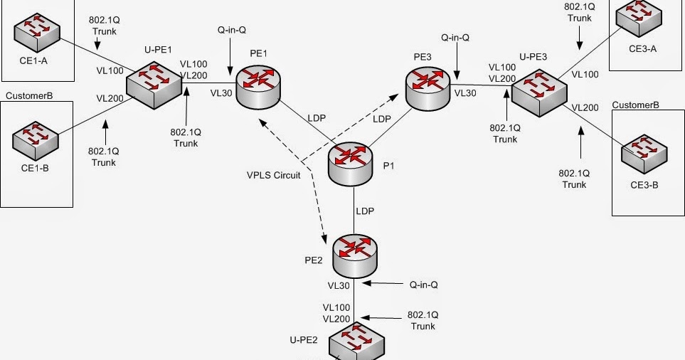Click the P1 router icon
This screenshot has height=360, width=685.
coord(351,164)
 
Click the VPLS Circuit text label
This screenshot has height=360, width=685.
coord(272,174)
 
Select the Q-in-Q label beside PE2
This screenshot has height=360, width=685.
coord(423,285)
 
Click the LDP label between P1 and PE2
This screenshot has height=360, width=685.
coord(365,211)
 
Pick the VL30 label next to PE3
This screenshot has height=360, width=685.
coord(466,92)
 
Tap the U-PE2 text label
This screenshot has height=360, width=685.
coord(303,340)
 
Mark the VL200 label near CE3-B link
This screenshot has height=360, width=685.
coord(585,107)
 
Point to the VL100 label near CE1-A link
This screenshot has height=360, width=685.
coord(110,71)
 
